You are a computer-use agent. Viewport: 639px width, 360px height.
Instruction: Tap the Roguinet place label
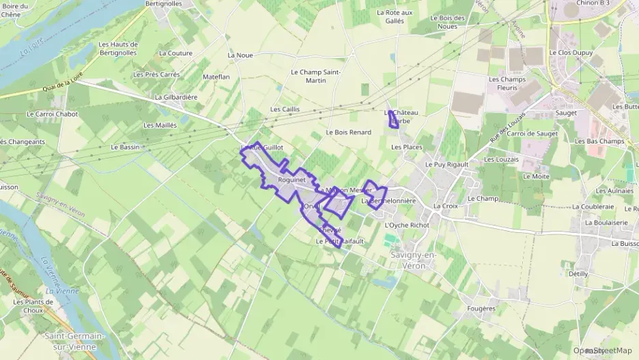pos(292,179)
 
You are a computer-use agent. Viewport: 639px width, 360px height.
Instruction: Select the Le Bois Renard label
pos(348,132)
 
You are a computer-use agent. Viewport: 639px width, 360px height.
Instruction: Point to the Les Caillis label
pos(285,109)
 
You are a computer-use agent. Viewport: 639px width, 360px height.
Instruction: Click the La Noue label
pos(240,55)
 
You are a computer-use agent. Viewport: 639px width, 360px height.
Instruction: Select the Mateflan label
pos(216,77)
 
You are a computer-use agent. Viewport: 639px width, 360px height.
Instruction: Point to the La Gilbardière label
pos(176,97)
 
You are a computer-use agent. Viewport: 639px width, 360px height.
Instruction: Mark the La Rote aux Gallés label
pos(395,16)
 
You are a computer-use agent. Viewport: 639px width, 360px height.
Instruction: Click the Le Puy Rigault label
pos(446,165)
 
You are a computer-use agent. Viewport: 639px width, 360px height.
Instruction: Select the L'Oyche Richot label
pos(407,225)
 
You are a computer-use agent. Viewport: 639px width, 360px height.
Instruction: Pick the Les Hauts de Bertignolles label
pos(118,48)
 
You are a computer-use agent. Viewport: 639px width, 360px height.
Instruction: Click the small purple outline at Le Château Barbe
pos(393,121)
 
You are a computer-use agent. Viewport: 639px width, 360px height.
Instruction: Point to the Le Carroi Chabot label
pos(53,114)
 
